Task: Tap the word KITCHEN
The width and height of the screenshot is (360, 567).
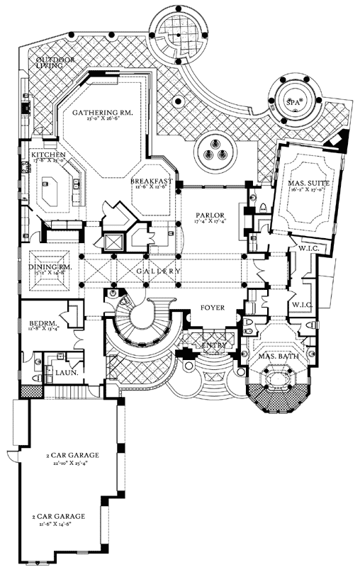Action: [x=48, y=155]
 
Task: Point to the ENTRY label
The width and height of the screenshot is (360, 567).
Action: [x=213, y=345]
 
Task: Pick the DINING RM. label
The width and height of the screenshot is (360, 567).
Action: [x=48, y=267]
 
